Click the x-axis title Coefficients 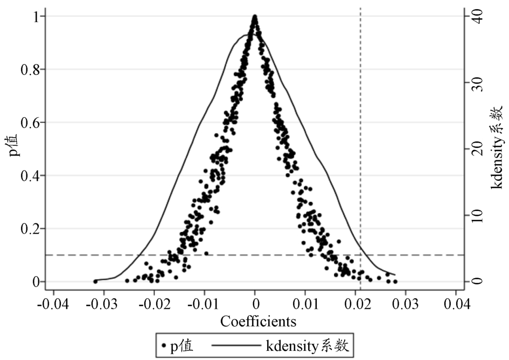pos(259,322)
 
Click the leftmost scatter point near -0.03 pos(95,281)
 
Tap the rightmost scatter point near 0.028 pos(395,281)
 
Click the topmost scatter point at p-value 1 pos(255,17)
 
